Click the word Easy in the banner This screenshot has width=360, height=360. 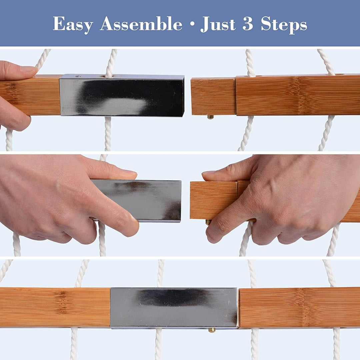click(73, 24)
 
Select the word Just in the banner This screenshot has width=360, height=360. click(218, 24)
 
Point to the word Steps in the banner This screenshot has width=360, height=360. click(284, 24)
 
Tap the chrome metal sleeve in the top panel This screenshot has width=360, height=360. click(122, 95)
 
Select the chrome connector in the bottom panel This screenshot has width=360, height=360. click(174, 308)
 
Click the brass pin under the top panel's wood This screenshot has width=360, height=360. click(210, 117)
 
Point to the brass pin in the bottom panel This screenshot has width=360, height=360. click(212, 330)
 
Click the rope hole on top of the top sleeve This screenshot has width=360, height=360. click(108, 76)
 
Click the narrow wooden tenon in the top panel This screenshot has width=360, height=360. click(213, 96)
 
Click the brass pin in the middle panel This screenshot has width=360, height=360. click(208, 222)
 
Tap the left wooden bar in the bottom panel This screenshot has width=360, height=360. click(55, 307)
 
